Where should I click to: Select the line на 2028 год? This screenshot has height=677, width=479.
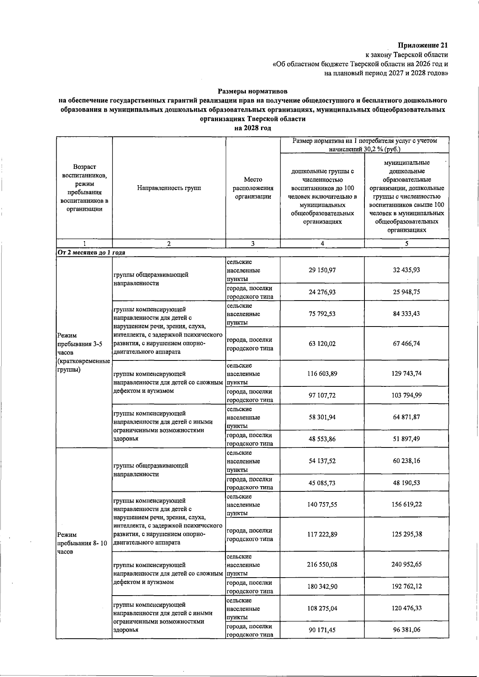coord(253,128)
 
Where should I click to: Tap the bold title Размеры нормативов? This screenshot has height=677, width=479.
coord(253,91)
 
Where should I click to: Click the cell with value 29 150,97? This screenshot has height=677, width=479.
coord(322,270)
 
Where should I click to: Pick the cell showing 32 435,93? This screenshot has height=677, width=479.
coord(406,270)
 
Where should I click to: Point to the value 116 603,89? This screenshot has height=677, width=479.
coord(322,374)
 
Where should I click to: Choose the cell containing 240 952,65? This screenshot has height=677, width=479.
coord(406,564)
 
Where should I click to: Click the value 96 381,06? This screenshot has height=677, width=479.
coord(406,630)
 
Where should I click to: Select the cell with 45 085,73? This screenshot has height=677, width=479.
coord(322,483)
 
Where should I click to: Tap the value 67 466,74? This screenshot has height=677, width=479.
coord(406,344)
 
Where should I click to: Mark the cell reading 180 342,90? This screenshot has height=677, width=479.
coord(322,586)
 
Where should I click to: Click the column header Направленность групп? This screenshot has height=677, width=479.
coord(169,188)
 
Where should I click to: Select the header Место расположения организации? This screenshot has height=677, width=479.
coord(253,188)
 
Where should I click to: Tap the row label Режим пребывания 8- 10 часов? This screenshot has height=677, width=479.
coord(82,543)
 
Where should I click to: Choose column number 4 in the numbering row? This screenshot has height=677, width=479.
coord(322,243)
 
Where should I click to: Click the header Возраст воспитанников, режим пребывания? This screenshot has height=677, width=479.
coord(84,188)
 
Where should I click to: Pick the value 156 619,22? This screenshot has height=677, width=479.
coord(406,505)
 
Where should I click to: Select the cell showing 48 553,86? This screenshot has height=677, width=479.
coord(322,439)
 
